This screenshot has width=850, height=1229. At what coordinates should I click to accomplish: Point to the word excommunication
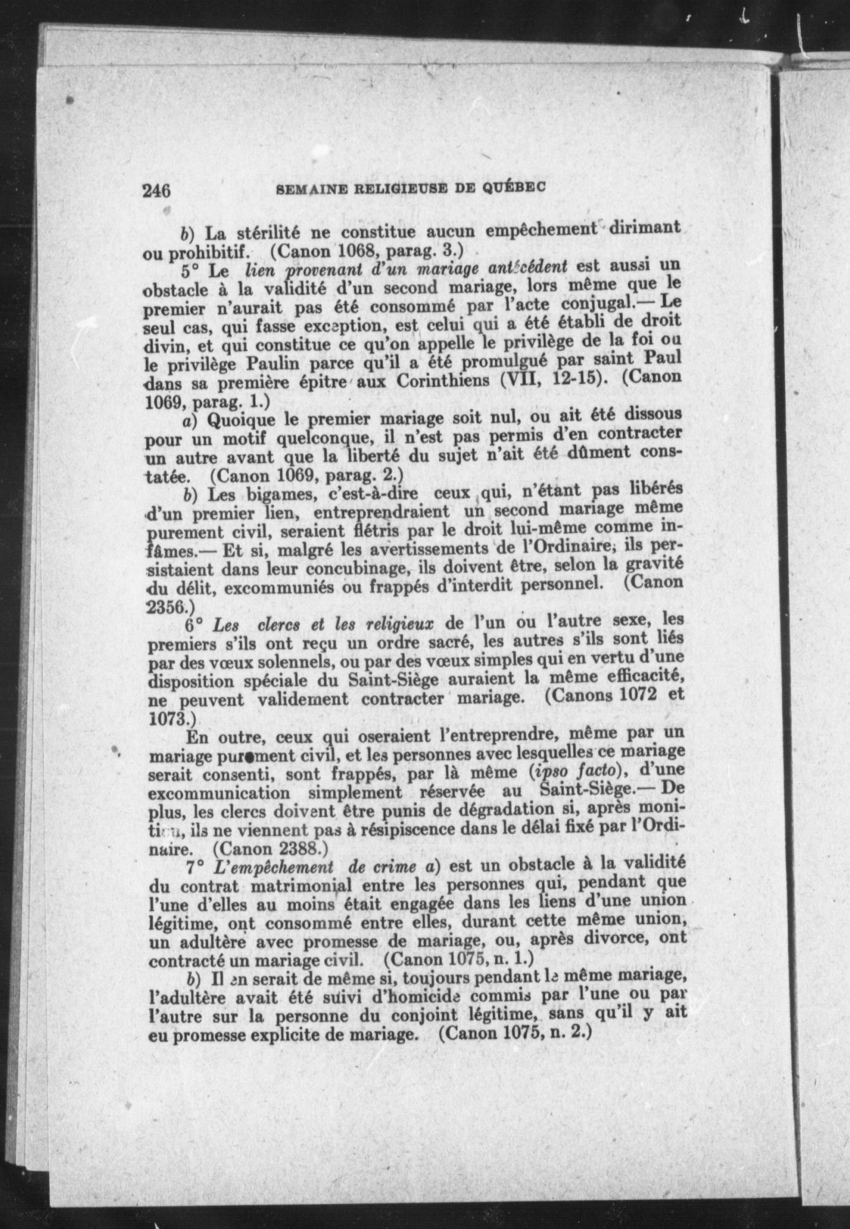point(219,793)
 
